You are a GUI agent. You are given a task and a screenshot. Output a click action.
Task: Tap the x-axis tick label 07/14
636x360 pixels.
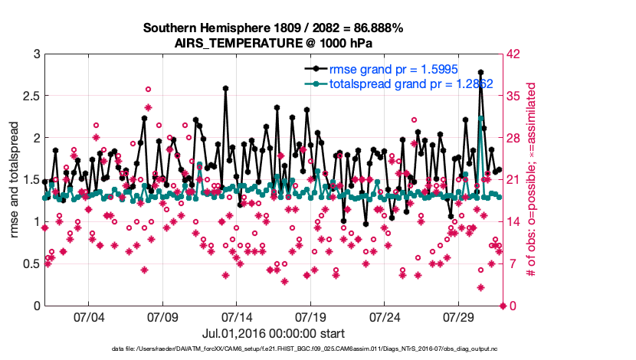(237, 317)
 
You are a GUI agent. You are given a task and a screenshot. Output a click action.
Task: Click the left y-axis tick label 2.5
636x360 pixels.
(31, 97)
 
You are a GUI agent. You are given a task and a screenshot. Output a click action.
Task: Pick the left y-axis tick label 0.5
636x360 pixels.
(31, 264)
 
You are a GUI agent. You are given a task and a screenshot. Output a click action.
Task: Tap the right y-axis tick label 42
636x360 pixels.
(514, 54)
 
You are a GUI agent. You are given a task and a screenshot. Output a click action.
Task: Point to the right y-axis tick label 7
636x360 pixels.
(511, 264)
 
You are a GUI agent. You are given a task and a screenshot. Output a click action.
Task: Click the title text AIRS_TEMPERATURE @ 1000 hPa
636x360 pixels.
(274, 43)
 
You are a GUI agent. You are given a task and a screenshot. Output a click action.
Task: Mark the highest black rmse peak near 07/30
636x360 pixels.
(480, 72)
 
